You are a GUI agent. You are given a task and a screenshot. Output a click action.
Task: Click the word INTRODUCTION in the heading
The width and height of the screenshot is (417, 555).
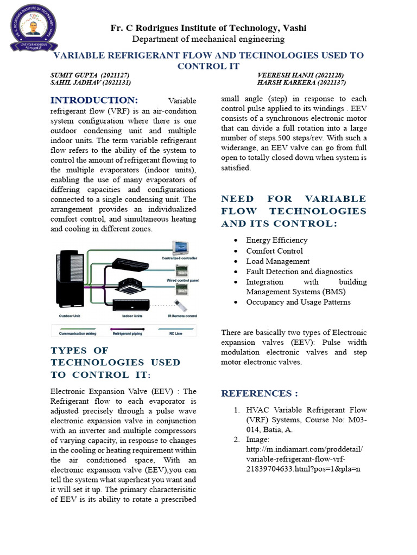(x=94, y=100)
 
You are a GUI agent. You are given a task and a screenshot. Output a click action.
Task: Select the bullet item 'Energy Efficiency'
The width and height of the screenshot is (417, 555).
(x=276, y=240)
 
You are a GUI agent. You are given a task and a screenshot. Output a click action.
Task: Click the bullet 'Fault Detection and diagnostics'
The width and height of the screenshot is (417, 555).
(x=299, y=272)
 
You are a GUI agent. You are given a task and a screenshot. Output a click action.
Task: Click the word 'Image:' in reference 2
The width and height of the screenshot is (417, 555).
(x=258, y=440)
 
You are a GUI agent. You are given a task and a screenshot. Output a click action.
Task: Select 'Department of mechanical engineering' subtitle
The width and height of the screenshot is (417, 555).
(x=208, y=39)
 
